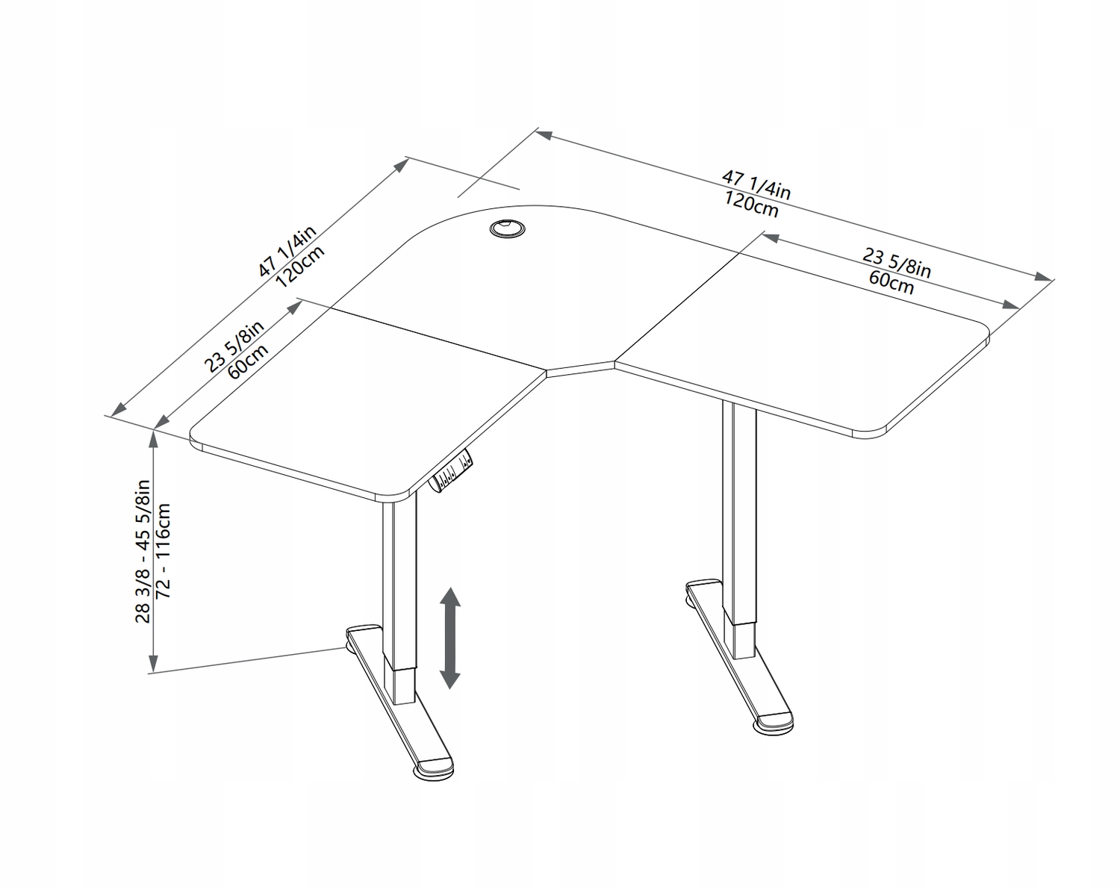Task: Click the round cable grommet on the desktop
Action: (507, 228)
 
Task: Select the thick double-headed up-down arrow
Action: (449, 638)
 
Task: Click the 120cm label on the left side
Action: (300, 266)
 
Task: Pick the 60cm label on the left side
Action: (248, 361)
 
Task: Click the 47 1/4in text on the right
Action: (756, 185)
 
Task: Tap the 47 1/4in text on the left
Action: (287, 251)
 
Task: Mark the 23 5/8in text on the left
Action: (234, 346)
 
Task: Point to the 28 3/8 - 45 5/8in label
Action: (143, 551)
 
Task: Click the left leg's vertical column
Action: (399, 599)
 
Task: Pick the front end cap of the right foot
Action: (775, 724)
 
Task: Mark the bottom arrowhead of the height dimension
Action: (153, 663)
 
